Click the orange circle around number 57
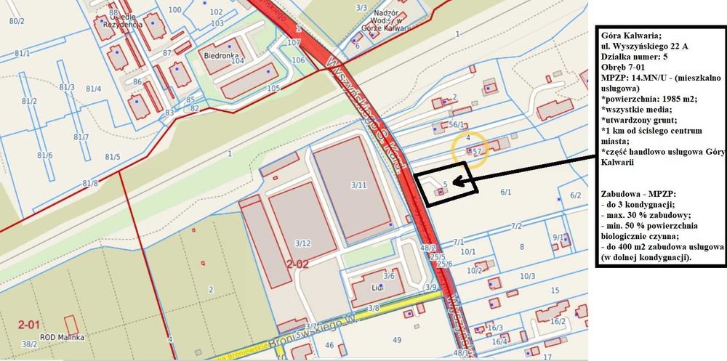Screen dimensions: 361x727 coord(470,151)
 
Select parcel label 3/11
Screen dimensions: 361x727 coord(358,186)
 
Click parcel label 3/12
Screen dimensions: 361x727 coord(303,243)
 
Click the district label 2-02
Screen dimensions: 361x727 coord(298,264)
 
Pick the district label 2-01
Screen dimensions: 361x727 coord(30,323)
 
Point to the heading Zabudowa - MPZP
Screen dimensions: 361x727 coord(637,195)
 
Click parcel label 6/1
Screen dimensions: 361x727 coord(506,192)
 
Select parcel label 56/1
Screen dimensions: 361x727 coord(457,125)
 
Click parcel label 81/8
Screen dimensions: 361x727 coord(89,183)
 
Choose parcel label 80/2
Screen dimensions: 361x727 coord(17,21)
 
